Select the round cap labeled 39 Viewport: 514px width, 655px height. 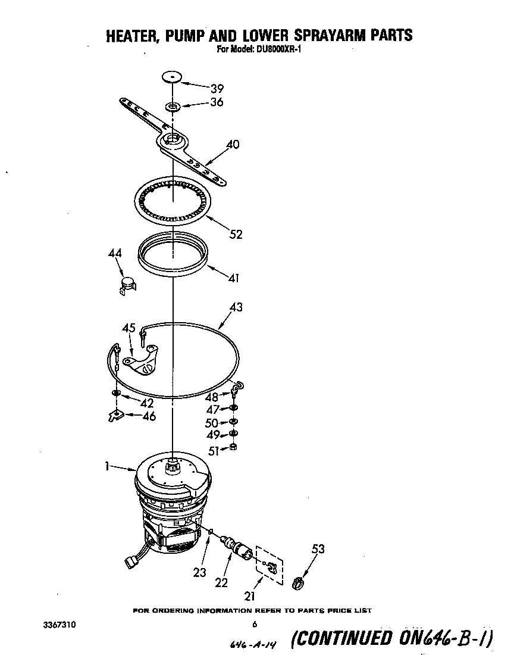[172, 77]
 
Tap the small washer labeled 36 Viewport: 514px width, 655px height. [173, 107]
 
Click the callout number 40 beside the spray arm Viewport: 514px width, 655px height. [233, 144]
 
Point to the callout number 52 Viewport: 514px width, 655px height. [236, 234]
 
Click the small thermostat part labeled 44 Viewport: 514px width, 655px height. [126, 283]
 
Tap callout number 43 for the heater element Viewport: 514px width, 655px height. [236, 308]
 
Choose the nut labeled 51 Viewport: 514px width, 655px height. [234, 448]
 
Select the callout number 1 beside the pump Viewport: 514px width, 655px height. [106, 468]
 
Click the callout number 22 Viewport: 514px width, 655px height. [221, 583]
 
